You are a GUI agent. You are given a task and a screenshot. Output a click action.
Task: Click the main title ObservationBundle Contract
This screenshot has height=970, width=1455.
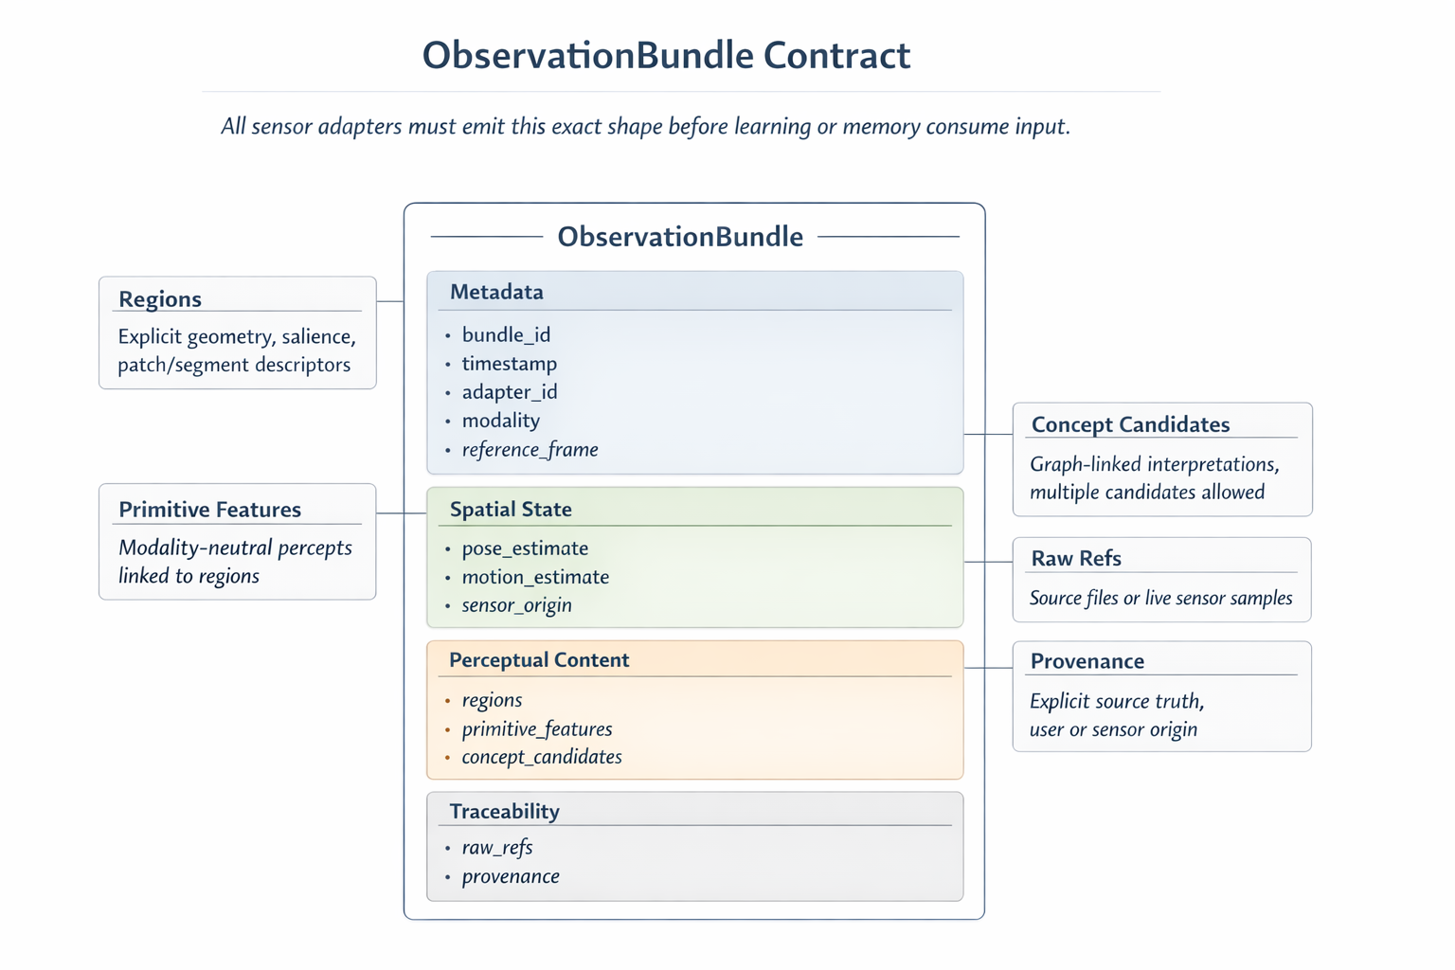(x=666, y=55)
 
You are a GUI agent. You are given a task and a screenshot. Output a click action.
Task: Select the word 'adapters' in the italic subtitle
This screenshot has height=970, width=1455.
(x=359, y=126)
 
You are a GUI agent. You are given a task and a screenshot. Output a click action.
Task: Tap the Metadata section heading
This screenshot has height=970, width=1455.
(x=496, y=292)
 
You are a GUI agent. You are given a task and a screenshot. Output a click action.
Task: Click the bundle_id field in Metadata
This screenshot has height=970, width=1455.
(x=506, y=334)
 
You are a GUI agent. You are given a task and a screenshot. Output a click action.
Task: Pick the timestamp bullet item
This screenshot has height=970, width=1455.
(x=509, y=364)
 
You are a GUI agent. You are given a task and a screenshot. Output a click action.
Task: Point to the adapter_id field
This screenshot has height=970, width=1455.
(x=509, y=392)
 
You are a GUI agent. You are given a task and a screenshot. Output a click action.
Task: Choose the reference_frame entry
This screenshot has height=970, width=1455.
(x=530, y=449)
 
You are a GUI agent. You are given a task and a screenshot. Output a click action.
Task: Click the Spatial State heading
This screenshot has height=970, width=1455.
(x=511, y=509)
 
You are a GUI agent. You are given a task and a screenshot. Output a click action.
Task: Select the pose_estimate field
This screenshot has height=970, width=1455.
(x=525, y=548)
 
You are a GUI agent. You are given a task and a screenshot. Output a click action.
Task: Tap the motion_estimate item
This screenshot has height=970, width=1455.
(x=535, y=577)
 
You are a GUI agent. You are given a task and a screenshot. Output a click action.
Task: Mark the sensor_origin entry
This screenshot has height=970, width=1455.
(x=516, y=605)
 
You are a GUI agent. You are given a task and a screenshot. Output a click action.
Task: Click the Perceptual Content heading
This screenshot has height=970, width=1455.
(x=539, y=660)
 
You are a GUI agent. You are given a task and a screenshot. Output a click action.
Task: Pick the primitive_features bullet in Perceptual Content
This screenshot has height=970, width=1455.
(x=536, y=729)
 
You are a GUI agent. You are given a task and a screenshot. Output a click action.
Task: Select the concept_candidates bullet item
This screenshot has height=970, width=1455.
(x=541, y=757)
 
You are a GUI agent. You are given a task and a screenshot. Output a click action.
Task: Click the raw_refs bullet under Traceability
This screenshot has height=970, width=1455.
(x=497, y=848)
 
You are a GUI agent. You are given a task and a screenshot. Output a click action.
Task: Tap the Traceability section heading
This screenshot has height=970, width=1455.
(x=504, y=812)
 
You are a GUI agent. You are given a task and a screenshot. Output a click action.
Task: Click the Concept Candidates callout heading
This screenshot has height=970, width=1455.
(x=1130, y=424)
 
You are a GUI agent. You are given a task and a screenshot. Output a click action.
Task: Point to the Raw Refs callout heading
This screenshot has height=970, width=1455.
(x=1076, y=558)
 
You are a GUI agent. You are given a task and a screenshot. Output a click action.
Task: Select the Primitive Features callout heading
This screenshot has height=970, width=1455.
(x=209, y=510)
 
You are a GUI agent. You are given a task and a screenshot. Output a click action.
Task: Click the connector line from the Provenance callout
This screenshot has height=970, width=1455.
(x=989, y=668)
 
